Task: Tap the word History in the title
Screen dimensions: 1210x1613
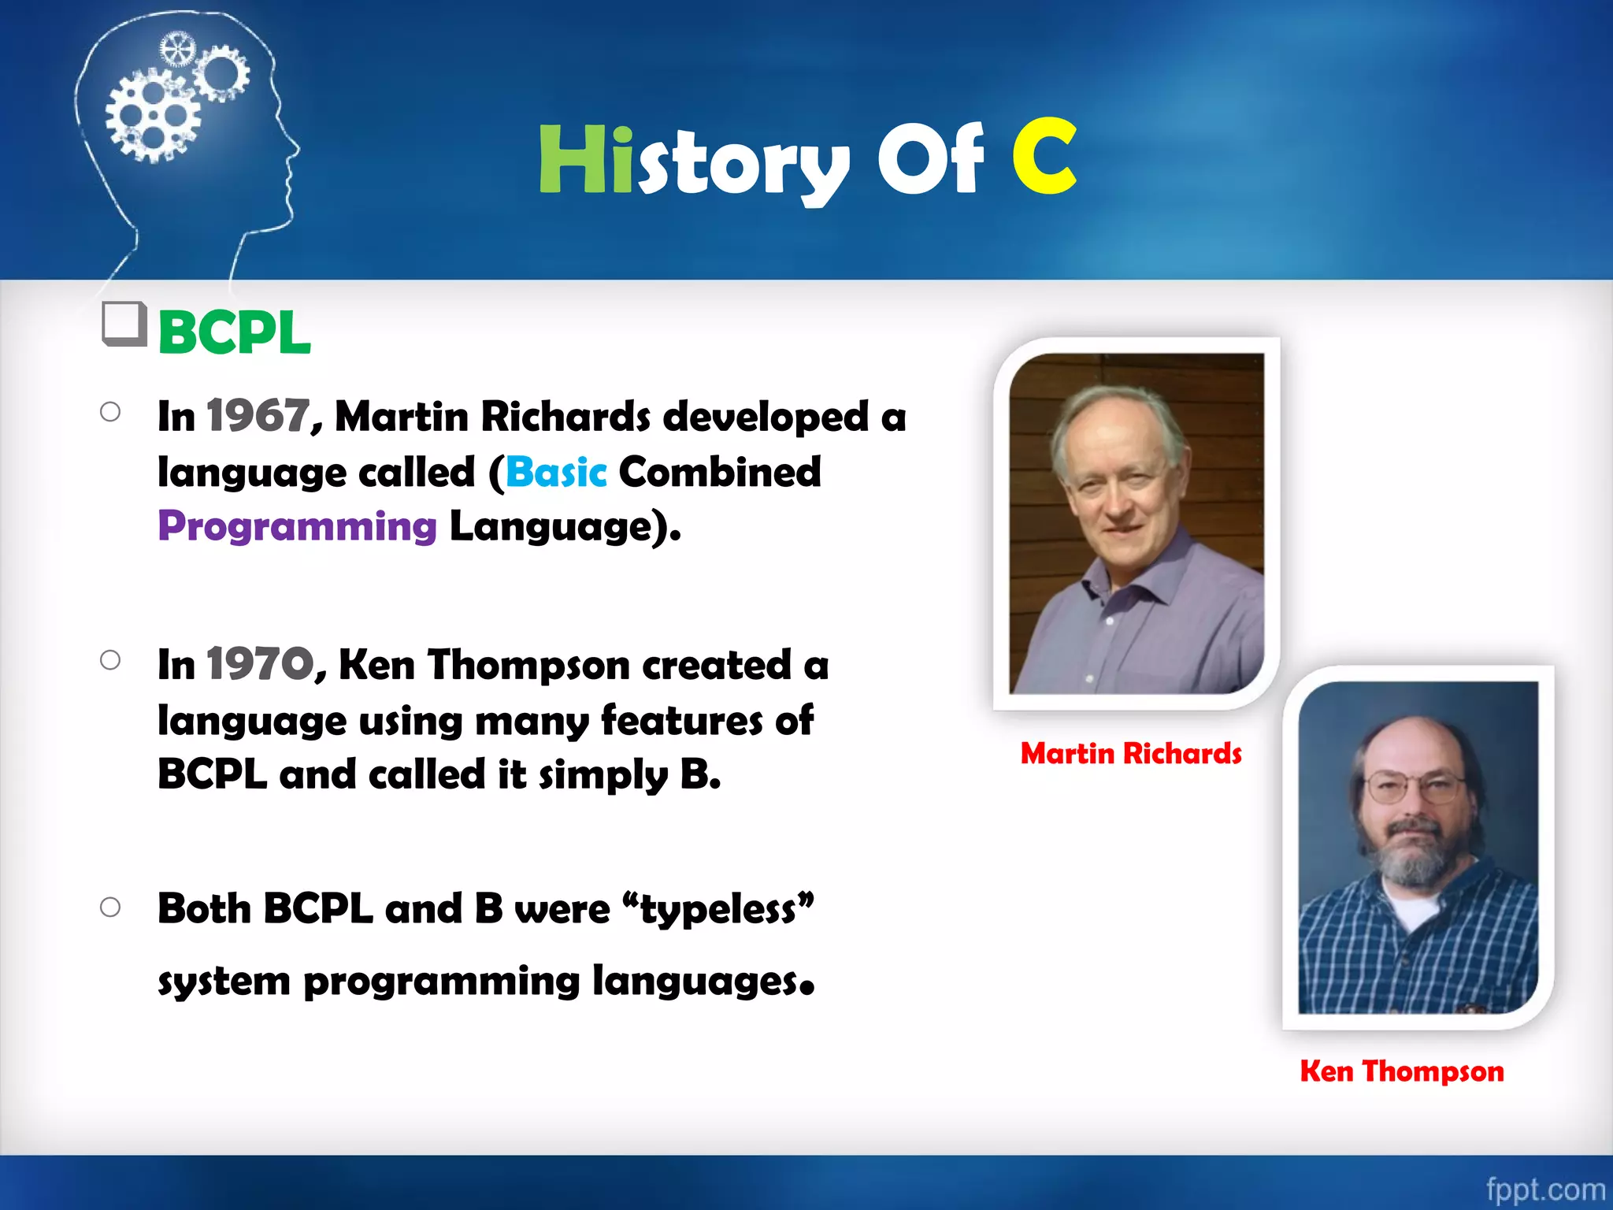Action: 693,161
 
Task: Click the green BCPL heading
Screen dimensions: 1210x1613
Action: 234,332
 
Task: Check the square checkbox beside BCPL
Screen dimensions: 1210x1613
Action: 124,324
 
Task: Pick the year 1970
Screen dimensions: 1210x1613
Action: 260,664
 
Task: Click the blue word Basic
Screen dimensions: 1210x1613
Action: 556,472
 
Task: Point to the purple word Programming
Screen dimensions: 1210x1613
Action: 297,526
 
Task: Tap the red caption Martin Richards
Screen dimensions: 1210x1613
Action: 1131,754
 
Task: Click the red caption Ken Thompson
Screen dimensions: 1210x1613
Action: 1402,1071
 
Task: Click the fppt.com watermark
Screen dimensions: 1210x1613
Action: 1544,1189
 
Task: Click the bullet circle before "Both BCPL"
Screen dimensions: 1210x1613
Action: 110,907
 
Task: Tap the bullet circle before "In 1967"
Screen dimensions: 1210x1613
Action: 110,412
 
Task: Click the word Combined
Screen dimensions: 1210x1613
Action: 719,472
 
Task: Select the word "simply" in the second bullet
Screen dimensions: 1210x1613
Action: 603,775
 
